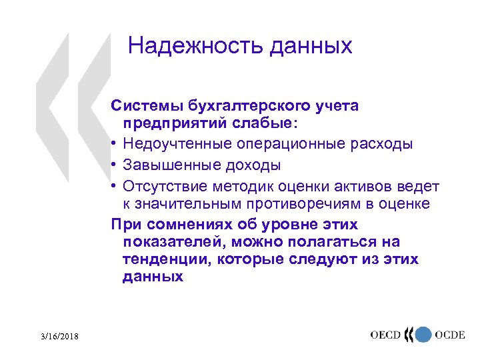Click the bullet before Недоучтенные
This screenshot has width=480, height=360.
coord(115,144)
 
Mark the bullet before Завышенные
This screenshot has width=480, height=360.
coord(115,164)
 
